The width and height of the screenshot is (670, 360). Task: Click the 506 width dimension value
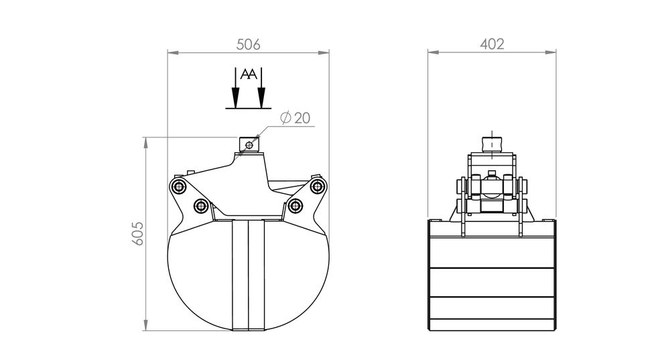coord(249,44)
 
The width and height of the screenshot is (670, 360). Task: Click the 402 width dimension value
coord(492,44)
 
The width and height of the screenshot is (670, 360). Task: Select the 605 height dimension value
coord(137,233)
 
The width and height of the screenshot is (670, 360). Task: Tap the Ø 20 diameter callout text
coord(295,117)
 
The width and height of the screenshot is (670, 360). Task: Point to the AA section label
coord(249,74)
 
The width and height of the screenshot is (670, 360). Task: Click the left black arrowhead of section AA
coord(235,97)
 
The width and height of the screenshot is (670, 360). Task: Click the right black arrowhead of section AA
coord(261,97)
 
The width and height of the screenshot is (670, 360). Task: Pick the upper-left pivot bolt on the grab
coord(178,186)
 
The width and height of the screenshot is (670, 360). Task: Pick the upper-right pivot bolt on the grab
coord(317,186)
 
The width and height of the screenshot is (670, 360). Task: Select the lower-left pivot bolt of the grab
coord(201,206)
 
